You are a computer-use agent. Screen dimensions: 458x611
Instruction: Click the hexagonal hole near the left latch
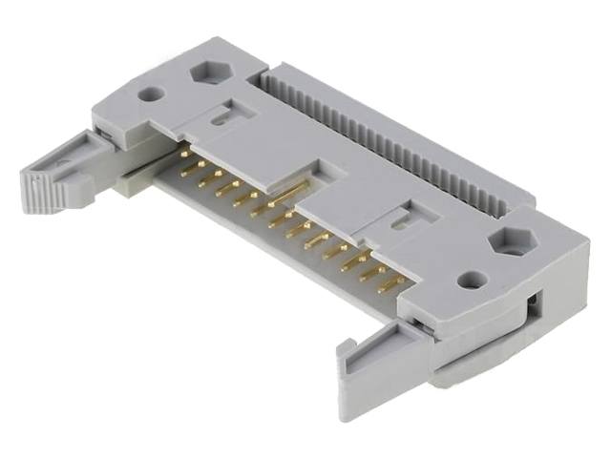(x=207, y=73)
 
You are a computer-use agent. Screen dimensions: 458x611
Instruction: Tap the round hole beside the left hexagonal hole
(x=149, y=95)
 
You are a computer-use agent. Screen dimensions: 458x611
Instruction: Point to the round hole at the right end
(x=467, y=281)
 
